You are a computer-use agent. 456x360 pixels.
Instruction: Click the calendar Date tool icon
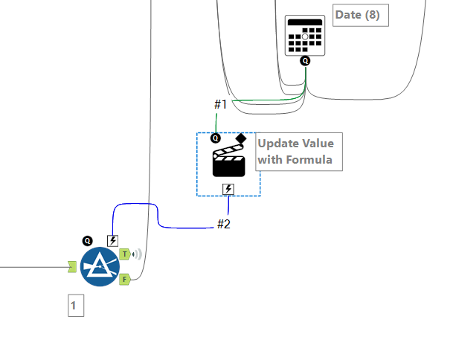tap(305, 35)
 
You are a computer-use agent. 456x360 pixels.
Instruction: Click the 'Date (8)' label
tap(361, 15)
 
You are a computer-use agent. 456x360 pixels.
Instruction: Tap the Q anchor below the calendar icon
tap(305, 61)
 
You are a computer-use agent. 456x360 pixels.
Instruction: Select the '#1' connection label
tap(220, 103)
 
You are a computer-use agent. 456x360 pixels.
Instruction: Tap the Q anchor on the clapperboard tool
tap(216, 138)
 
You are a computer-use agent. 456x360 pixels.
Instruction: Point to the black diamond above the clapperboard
tap(241, 138)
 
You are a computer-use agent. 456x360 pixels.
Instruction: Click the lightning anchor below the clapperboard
tap(228, 189)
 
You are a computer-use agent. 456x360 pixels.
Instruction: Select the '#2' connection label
tap(224, 224)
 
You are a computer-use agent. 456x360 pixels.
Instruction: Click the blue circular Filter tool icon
tap(100, 266)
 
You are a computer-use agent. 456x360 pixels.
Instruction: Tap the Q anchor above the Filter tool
tap(87, 240)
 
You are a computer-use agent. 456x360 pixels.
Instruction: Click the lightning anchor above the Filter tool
tap(112, 240)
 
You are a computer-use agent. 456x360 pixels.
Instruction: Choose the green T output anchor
tap(124, 254)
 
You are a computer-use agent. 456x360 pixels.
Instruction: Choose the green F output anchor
tap(124, 279)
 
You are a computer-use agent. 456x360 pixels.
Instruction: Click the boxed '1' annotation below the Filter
tap(76, 306)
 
